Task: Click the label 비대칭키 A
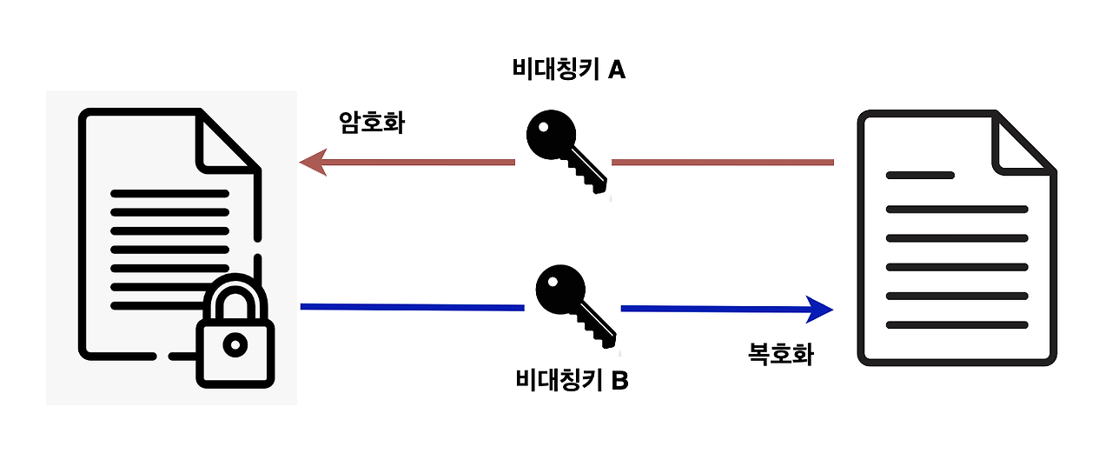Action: (x=569, y=70)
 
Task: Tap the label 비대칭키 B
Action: (x=571, y=380)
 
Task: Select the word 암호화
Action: (x=372, y=122)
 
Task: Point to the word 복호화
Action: (x=781, y=354)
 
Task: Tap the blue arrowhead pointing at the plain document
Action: (x=819, y=308)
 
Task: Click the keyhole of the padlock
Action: (x=235, y=345)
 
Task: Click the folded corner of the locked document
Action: (x=228, y=139)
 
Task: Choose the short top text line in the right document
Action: (x=920, y=176)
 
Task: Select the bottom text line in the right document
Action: (x=956, y=325)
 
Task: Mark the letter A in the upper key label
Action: (x=616, y=70)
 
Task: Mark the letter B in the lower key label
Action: (x=619, y=380)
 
